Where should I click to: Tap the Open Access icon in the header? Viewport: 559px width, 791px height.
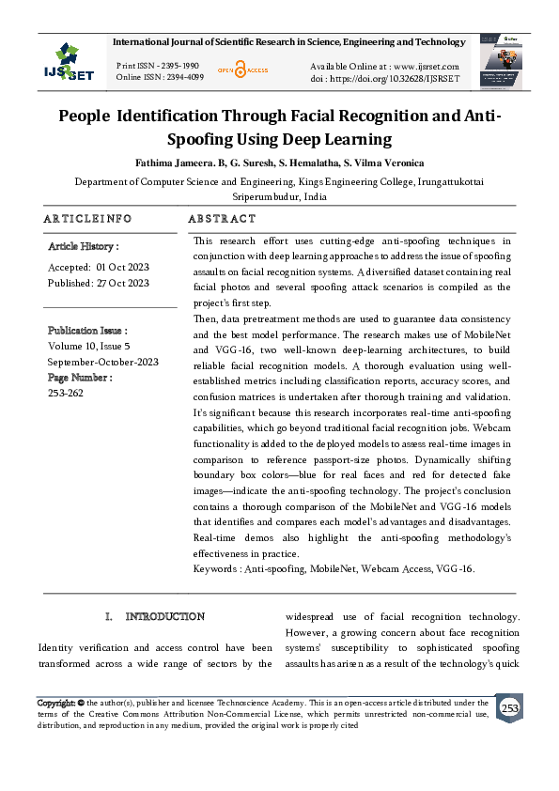[x=243, y=70]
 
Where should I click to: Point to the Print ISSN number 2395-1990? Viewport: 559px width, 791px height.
[x=179, y=65]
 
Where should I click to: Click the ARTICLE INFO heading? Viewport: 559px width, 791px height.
[x=87, y=218]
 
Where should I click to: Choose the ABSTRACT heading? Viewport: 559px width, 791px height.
[x=222, y=218]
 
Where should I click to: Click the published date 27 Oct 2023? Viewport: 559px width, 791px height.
[x=123, y=282]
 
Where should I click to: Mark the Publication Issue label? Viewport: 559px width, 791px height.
[x=87, y=331]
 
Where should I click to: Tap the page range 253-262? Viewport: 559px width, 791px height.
[x=65, y=394]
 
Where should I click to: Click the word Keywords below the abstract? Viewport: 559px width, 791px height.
[x=215, y=568]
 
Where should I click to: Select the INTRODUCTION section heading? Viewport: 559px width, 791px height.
[x=164, y=616]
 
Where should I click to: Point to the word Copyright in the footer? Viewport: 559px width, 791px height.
[x=55, y=703]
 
